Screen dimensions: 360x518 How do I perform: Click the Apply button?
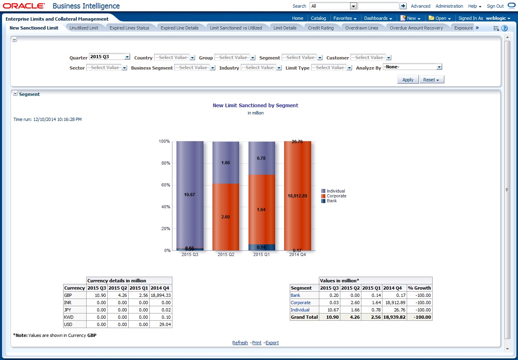(x=408, y=80)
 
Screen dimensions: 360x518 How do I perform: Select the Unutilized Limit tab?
(x=84, y=28)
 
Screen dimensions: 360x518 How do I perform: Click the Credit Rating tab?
(x=321, y=28)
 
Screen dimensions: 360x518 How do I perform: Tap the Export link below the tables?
(x=272, y=343)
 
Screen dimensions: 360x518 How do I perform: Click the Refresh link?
(x=240, y=343)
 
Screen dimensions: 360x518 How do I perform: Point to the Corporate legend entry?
(x=336, y=196)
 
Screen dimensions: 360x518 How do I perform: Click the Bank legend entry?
(x=332, y=201)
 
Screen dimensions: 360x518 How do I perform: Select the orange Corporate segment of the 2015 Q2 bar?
(x=225, y=217)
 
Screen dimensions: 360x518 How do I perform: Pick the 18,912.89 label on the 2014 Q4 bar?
(x=297, y=196)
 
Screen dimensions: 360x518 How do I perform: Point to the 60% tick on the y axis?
(x=164, y=185)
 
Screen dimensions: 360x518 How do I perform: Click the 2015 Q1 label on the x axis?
(x=261, y=255)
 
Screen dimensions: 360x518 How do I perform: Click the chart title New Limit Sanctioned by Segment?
(x=255, y=106)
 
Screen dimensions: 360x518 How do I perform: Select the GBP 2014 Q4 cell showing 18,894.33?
(x=161, y=295)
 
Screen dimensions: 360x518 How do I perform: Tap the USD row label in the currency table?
(x=68, y=324)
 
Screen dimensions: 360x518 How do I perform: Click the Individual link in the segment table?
(x=300, y=310)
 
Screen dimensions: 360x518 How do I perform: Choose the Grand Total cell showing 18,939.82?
(x=394, y=317)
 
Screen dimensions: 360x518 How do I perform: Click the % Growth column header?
(x=420, y=288)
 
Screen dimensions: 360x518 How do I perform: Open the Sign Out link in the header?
(x=495, y=6)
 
